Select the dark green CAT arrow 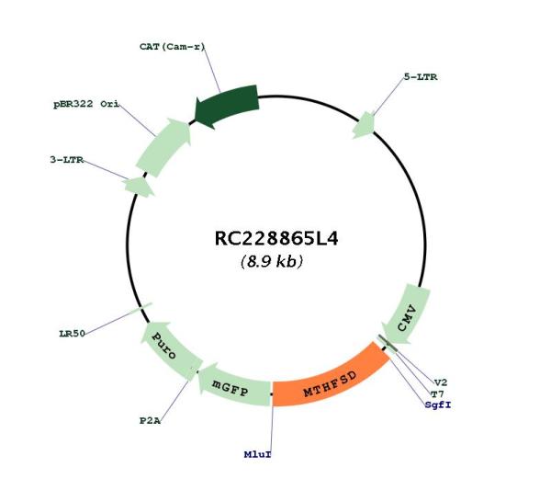coord(228,105)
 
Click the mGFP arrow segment coord(232,388)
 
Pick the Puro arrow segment coord(168,349)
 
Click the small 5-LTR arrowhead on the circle coord(365,125)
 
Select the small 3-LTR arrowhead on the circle coord(138,187)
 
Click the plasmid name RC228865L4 coord(276,238)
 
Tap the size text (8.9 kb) coord(272,261)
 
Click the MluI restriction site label coord(257,454)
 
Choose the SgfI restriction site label coord(438,405)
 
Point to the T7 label coord(437,394)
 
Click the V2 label coord(441,382)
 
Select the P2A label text coord(150,421)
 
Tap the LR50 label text coord(72,334)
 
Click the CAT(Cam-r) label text coord(173,47)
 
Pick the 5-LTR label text coord(421,77)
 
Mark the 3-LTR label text coord(67,160)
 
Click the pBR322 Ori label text coord(86,105)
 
